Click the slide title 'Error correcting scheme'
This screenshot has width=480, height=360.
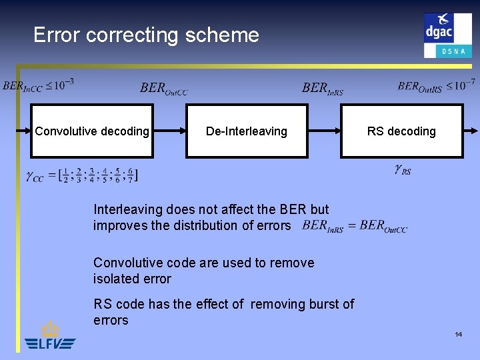146,35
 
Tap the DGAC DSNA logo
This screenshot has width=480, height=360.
447,35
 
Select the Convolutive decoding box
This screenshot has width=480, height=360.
92,131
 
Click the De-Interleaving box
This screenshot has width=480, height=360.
246,131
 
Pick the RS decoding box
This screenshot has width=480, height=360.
401,131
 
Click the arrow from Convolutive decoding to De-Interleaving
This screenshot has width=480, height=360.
169,131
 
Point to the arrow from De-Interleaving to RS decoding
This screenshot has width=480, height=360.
324,131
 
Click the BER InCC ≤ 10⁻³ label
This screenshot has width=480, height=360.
39,85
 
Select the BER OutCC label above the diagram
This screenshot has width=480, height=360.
164,88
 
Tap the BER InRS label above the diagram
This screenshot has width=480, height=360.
323,88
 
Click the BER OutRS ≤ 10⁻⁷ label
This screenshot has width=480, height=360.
436,85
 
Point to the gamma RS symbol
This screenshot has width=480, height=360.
403,170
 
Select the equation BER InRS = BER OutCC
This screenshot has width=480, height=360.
355,226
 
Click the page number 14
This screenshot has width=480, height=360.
459,333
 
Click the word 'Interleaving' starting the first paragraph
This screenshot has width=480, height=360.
125,209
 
